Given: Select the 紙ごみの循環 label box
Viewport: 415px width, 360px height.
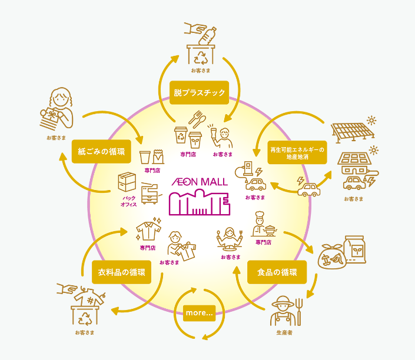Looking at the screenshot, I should click(101, 151).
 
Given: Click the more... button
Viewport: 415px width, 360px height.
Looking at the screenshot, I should click(199, 313).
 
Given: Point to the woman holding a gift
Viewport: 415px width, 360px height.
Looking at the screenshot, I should click(57, 109).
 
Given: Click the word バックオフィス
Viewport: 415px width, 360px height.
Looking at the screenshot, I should click(128, 201).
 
